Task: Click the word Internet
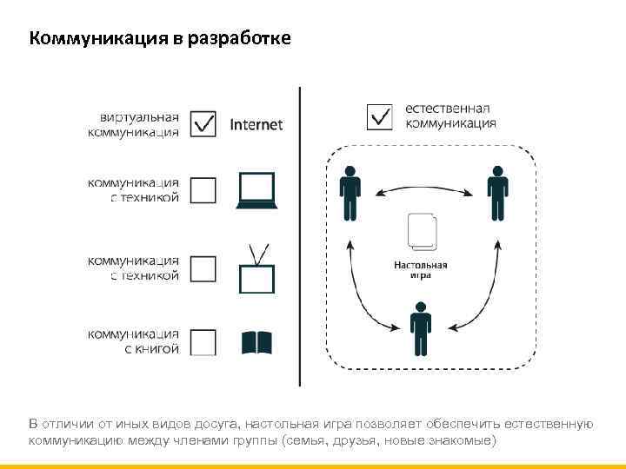point(256,124)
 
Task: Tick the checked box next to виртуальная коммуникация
point(203,124)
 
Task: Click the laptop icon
point(256,190)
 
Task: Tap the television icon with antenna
point(256,271)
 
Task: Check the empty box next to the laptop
point(203,190)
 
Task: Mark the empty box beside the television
point(203,268)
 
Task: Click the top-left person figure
point(350,193)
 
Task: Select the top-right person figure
point(497,193)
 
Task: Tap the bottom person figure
point(421,329)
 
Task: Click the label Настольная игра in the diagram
point(421,269)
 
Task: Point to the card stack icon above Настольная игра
point(421,233)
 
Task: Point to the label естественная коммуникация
point(450,116)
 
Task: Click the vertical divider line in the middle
point(300,234)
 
